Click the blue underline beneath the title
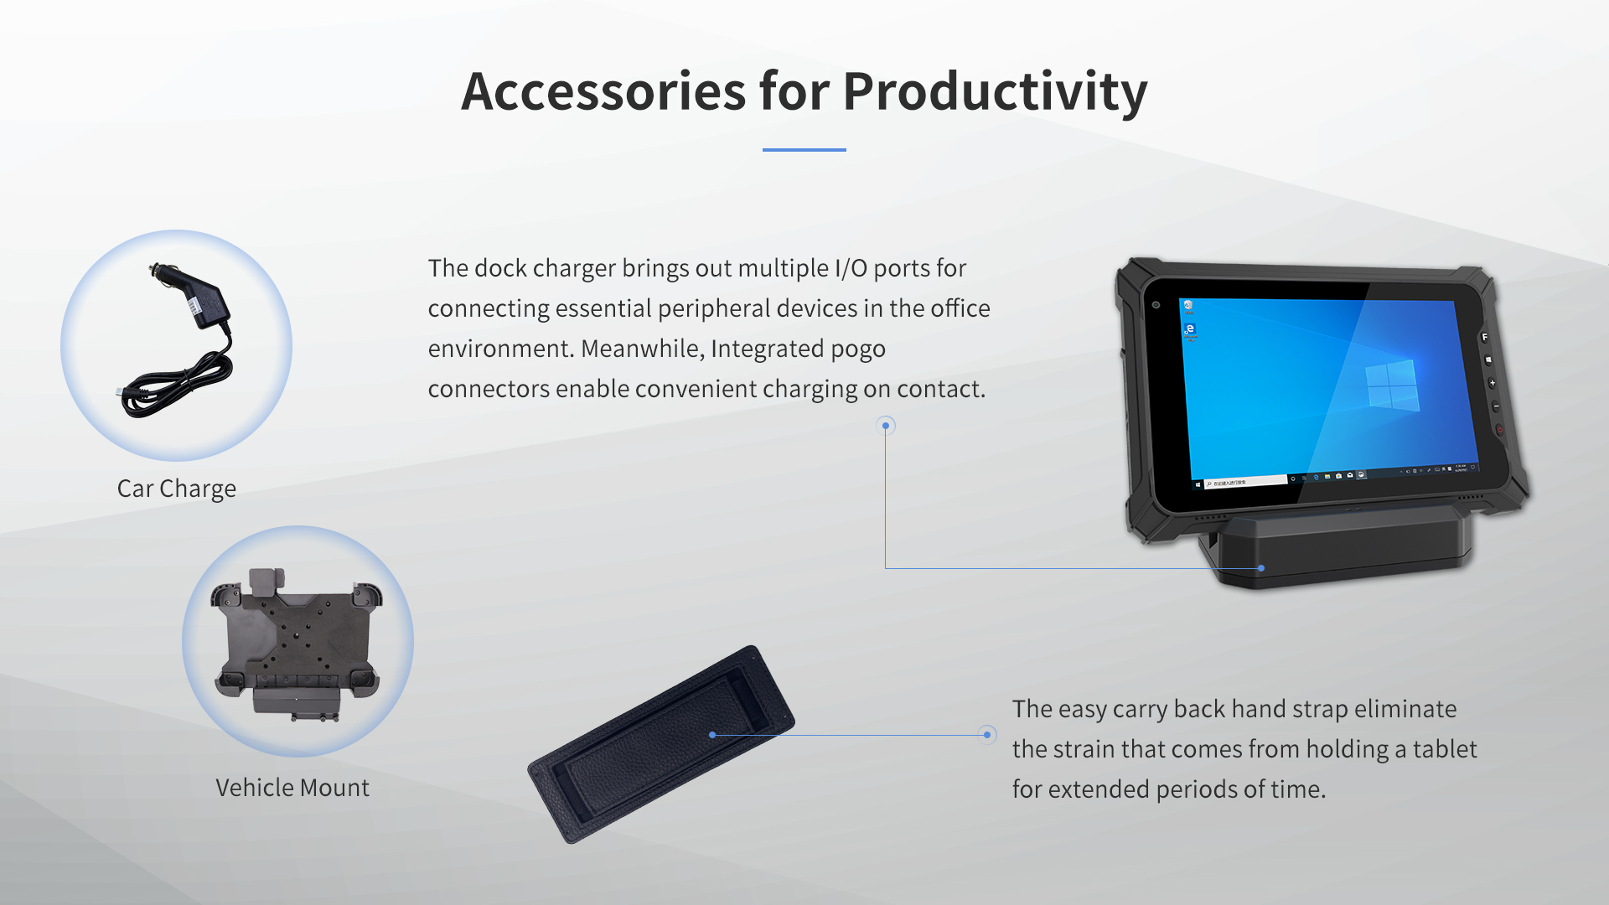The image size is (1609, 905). [x=804, y=150]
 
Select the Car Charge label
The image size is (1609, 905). [x=176, y=489]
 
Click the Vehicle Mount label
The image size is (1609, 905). [x=292, y=788]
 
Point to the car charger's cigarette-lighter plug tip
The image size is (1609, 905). [x=153, y=271]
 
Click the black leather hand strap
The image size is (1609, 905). [x=661, y=743]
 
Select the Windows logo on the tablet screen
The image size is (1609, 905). [x=1391, y=385]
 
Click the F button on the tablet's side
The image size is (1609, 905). [x=1484, y=337]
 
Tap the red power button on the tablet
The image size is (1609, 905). [x=1499, y=430]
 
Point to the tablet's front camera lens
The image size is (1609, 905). [x=1156, y=305]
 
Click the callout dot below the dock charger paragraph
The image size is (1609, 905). [x=886, y=426]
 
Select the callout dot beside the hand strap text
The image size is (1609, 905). [x=987, y=735]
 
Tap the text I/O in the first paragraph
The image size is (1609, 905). [x=851, y=268]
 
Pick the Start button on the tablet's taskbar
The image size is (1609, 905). [x=1198, y=484]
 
